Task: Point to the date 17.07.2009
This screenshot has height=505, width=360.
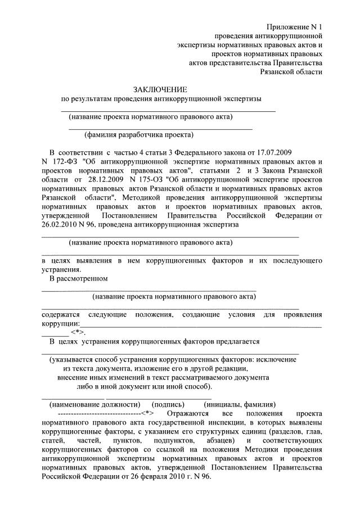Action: click(284, 152)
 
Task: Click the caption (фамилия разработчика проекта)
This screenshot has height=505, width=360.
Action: click(138, 135)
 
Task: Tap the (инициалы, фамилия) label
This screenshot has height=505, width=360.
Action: click(240, 404)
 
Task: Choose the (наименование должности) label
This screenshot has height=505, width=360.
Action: click(94, 404)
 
